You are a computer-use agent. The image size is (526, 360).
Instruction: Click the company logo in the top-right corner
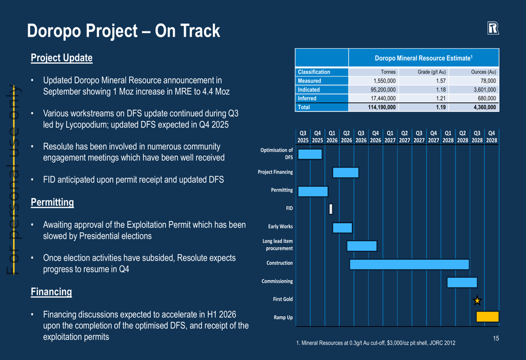point(493,29)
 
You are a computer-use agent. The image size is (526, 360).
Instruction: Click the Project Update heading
point(62,58)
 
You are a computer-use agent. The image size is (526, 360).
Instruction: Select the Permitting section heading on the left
point(52,202)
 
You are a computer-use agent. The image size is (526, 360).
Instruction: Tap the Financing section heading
point(51,292)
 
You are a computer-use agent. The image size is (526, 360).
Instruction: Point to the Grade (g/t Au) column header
point(431,72)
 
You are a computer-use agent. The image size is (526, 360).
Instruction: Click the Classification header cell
point(314,72)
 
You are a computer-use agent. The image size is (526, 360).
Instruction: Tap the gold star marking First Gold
point(477,301)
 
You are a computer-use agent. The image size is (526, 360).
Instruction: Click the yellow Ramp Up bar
point(487,317)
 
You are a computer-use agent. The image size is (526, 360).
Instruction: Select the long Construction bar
point(409,264)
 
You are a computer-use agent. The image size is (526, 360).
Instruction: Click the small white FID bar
point(331,209)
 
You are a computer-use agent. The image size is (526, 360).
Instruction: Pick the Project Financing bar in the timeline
point(346,172)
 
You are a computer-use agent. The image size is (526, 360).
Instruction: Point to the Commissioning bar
point(462,282)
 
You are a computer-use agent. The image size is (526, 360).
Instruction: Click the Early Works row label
point(280,227)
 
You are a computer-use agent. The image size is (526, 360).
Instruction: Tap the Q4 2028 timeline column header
point(491,137)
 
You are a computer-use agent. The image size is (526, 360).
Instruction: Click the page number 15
point(495,338)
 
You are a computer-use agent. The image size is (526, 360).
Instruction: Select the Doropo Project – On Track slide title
point(124,31)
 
